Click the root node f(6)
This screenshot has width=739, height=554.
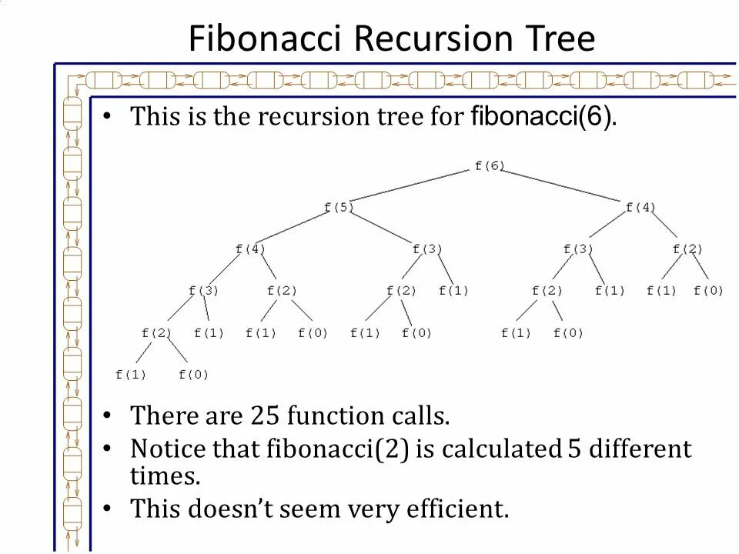click(490, 165)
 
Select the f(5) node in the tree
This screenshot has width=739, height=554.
click(339, 207)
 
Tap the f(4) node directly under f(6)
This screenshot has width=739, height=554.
click(640, 207)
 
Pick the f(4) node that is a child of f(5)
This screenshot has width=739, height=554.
click(250, 249)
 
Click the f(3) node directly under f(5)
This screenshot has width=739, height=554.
click(427, 249)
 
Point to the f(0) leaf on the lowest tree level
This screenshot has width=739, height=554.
click(193, 375)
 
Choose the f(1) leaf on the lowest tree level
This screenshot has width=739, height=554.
click(130, 375)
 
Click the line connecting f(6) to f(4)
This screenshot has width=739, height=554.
click(566, 186)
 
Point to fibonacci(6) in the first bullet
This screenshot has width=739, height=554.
click(542, 117)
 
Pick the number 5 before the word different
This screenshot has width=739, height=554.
click(573, 449)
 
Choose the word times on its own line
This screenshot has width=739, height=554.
click(165, 476)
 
